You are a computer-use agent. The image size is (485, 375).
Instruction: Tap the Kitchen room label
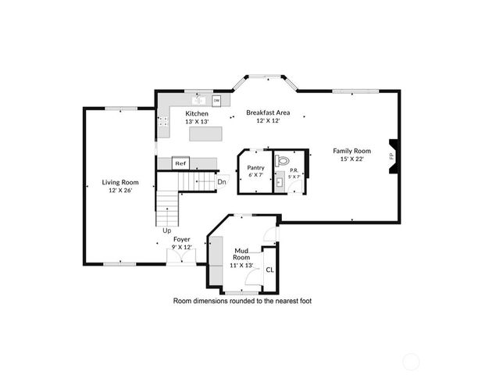pyautogui.click(x=197, y=114)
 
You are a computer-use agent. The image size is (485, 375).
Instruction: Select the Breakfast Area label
pyautogui.click(x=263, y=113)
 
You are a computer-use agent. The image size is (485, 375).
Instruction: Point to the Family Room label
pyautogui.click(x=351, y=151)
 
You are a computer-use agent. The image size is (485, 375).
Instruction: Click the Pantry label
pyautogui.click(x=255, y=167)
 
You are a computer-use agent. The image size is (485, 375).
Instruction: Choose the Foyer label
pyautogui.click(x=181, y=239)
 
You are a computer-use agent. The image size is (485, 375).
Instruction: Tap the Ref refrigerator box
pyautogui.click(x=180, y=163)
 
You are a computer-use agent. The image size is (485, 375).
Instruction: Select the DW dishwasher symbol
pyautogui.click(x=216, y=100)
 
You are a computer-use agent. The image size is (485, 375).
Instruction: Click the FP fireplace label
pyautogui.click(x=391, y=155)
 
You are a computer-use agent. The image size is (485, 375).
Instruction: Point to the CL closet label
pyautogui.click(x=269, y=270)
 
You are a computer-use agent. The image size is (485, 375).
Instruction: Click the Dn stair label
pyautogui.click(x=222, y=182)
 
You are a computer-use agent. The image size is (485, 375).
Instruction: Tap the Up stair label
pyautogui.click(x=166, y=230)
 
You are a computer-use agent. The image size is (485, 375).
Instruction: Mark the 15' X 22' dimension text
pyautogui.click(x=351, y=159)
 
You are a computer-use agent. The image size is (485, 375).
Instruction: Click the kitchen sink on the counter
pyautogui.click(x=198, y=100)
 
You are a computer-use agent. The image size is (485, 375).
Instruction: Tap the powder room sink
pyautogui.click(x=280, y=183)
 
